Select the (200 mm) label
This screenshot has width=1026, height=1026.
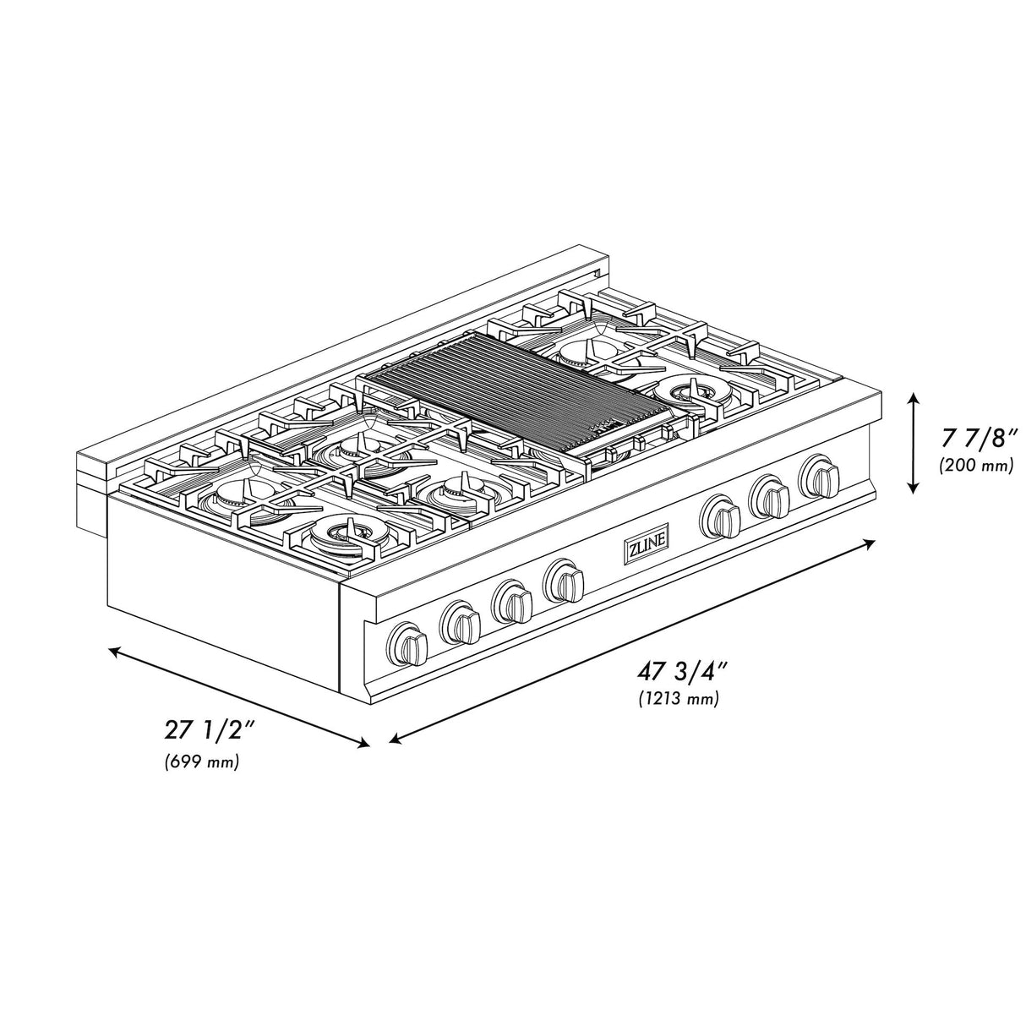(975, 466)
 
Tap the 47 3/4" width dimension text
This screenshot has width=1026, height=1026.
(684, 672)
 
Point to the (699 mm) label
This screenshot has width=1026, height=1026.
(201, 762)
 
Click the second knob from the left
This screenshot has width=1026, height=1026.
(460, 622)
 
